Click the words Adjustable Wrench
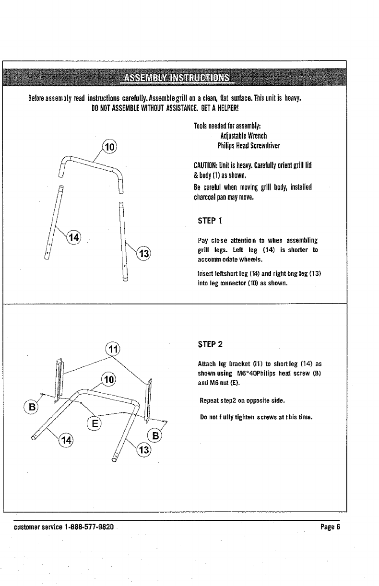(240, 135)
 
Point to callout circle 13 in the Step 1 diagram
(143, 254)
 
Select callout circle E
(97, 422)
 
